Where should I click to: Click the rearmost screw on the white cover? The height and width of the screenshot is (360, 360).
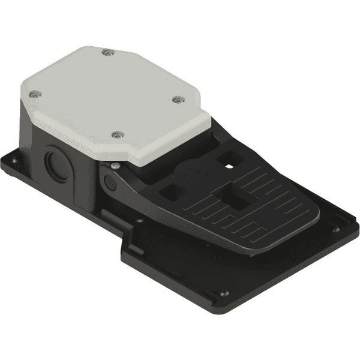tap(106, 53)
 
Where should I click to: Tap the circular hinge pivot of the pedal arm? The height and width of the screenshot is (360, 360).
tap(107, 181)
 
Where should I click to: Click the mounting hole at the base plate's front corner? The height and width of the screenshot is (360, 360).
tap(224, 295)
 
